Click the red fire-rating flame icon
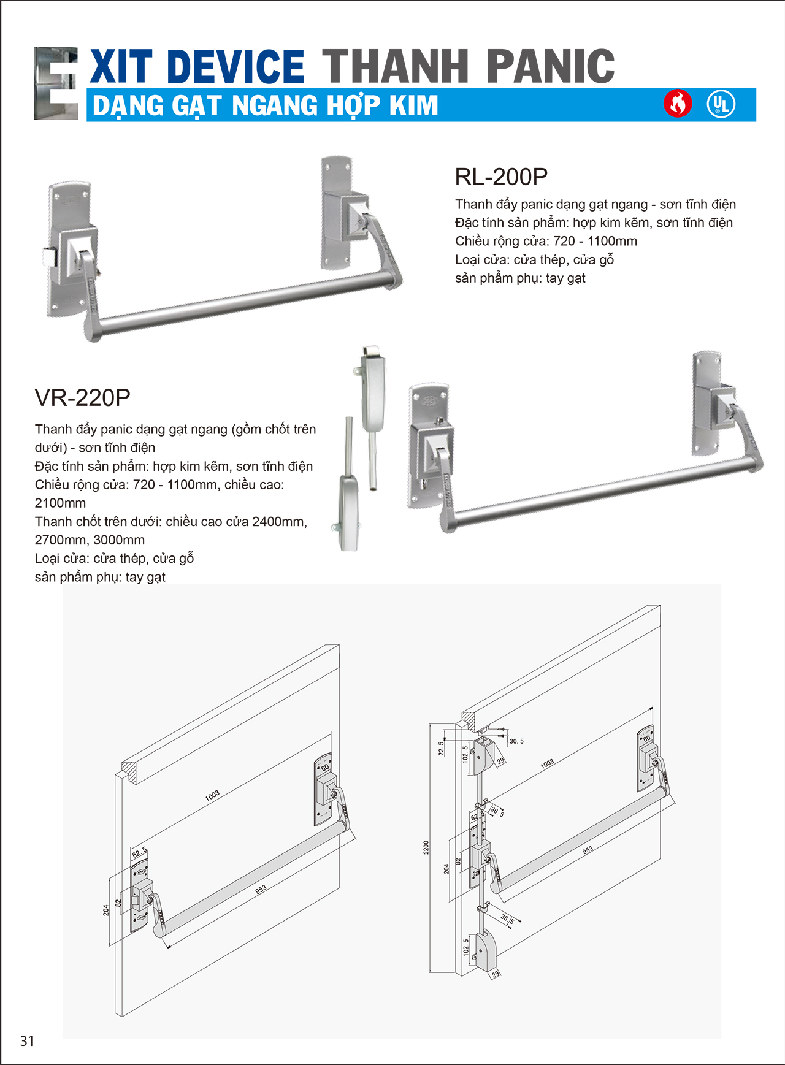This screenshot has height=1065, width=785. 678,104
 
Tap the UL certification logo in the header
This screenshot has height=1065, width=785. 721,104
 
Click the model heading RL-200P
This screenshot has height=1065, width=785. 500,177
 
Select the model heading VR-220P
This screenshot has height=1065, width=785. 82,397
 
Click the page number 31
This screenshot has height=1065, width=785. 27,1040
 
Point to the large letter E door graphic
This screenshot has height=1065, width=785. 56,83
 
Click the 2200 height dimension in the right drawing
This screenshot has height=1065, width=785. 426,847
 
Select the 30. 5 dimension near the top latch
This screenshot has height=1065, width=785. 516,741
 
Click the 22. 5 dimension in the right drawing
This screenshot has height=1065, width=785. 441,749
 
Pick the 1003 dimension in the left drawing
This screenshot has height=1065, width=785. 212,795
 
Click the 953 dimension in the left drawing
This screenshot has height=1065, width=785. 261,889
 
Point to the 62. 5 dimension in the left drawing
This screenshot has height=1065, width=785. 140,852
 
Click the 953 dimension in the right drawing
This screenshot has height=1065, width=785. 588,850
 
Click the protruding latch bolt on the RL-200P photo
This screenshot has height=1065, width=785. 48,256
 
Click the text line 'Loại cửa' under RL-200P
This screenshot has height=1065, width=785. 534,259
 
